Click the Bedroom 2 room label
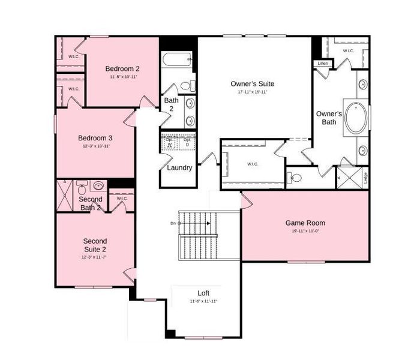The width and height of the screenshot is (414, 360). [122, 68]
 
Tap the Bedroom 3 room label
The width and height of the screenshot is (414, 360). [95, 137]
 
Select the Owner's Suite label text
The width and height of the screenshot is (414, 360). [253, 83]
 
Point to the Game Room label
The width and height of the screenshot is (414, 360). [305, 223]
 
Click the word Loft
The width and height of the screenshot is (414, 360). [203, 293]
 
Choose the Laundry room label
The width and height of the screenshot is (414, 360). [179, 167]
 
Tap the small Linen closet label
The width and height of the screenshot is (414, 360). [323, 63]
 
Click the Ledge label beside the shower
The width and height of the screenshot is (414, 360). [365, 178]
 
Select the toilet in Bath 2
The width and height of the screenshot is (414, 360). [187, 85]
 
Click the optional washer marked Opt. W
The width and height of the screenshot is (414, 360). [170, 143]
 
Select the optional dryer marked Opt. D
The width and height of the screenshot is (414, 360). [187, 143]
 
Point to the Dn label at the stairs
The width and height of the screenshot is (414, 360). [173, 223]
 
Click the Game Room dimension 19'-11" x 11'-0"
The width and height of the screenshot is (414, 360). [305, 231]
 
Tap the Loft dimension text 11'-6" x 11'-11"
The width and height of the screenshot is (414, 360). [203, 301]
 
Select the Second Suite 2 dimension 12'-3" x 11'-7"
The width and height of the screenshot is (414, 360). [95, 257]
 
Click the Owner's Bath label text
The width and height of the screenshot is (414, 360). [329, 118]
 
